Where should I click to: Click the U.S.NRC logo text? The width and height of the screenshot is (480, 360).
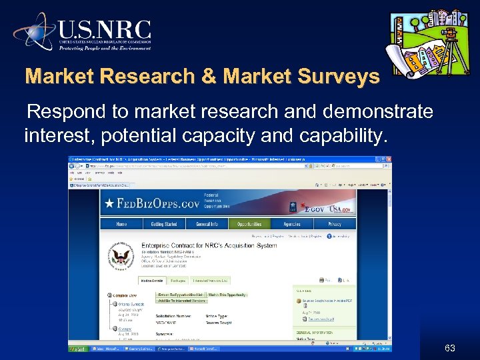click(x=105, y=30)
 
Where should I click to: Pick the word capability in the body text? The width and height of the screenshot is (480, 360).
click(x=342, y=137)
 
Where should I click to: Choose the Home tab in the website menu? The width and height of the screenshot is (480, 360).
click(x=121, y=225)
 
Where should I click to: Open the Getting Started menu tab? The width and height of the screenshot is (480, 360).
click(x=164, y=225)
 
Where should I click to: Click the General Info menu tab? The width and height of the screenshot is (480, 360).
click(x=207, y=225)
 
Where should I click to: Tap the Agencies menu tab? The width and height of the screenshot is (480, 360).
click(x=291, y=225)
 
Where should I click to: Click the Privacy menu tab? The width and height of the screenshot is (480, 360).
click(x=334, y=225)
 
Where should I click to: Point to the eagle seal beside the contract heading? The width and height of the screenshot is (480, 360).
click(x=121, y=259)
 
